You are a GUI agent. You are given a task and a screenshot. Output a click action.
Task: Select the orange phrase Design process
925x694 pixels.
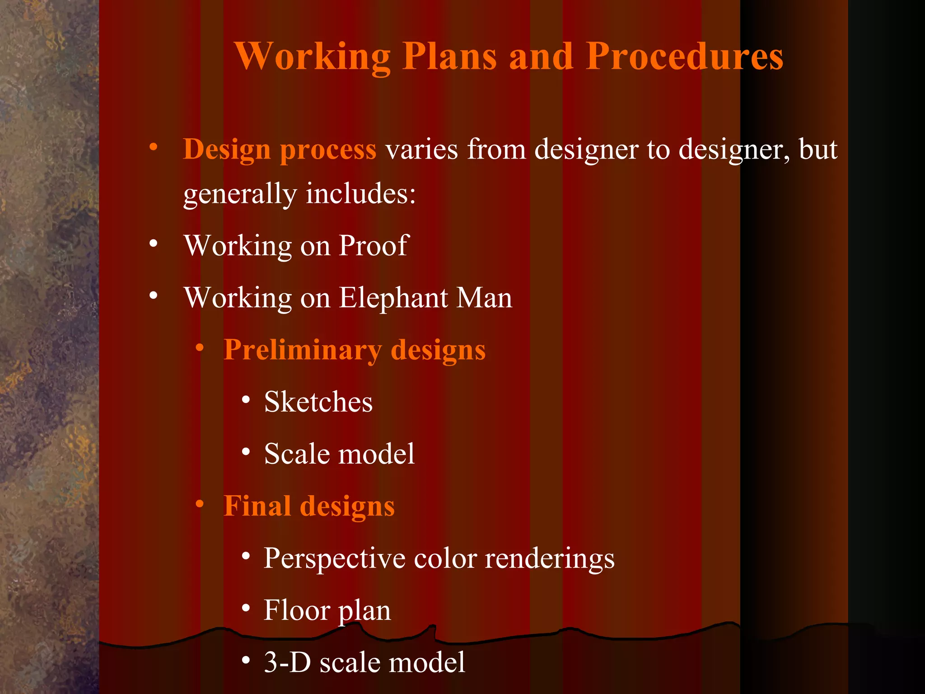[280, 150]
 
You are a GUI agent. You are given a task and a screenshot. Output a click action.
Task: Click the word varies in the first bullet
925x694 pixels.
[421, 150]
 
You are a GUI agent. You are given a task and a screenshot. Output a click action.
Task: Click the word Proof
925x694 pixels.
[374, 246]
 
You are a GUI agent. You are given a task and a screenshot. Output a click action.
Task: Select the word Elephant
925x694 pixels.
[393, 298]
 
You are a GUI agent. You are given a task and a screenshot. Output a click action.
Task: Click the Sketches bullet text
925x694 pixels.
[318, 402]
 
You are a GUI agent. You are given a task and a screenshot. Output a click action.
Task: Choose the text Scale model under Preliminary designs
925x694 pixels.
[339, 454]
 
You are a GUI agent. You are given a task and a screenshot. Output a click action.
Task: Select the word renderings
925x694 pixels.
[550, 558]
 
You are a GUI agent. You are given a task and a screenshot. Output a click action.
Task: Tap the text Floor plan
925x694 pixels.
[327, 610]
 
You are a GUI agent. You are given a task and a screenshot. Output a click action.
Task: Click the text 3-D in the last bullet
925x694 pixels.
[287, 662]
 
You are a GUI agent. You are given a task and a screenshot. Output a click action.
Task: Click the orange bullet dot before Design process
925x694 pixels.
[154, 147]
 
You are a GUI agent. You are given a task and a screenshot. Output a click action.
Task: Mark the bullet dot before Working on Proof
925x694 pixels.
[154, 244]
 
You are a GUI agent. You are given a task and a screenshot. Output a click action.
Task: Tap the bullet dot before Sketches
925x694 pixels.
[246, 399]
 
